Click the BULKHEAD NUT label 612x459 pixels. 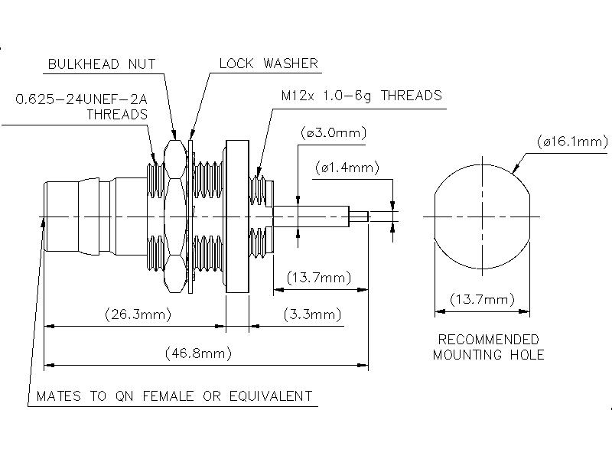pyautogui.click(x=101, y=63)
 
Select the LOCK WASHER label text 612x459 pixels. pyautogui.click(x=268, y=63)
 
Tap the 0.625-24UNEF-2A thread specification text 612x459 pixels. pyautogui.click(x=82, y=99)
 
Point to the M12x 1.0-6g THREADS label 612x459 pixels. pyautogui.click(x=360, y=96)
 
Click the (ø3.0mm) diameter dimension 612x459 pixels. pyautogui.click(x=334, y=133)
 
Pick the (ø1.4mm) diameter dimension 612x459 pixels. pyautogui.click(x=345, y=168)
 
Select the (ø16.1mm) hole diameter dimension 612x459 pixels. pyautogui.click(x=572, y=142)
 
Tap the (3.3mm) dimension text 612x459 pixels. pyautogui.click(x=312, y=314)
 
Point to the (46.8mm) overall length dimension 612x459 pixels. pyautogui.click(x=198, y=353)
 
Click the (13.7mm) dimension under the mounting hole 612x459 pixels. pyautogui.click(x=482, y=299)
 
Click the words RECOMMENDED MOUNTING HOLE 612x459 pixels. pyautogui.click(x=488, y=347)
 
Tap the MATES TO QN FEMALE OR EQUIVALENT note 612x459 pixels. pyautogui.click(x=174, y=396)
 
